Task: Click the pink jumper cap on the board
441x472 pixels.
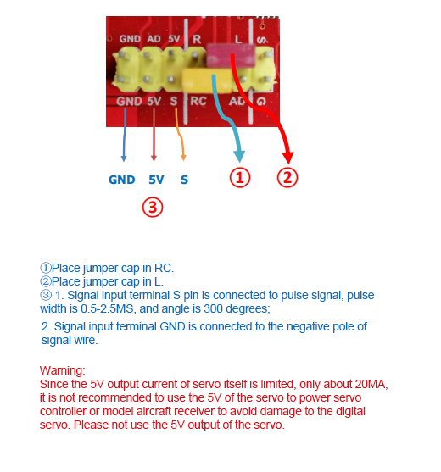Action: coord(231,55)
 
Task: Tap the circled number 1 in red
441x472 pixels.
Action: coord(240,178)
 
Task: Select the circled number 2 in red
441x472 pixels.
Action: coord(287,178)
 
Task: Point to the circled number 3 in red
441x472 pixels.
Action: coord(153,208)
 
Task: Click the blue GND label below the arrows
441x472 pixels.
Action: coord(121,180)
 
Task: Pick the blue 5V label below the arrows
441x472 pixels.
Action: coord(156,180)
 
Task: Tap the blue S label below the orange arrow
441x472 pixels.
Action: coord(184,180)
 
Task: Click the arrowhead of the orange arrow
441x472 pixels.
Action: coord(183,158)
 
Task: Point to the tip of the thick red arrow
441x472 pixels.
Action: coord(288,164)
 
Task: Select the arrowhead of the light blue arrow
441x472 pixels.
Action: coord(239,157)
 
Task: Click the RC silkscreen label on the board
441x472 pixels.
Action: coord(198,101)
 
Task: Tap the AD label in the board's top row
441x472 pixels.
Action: coord(154,39)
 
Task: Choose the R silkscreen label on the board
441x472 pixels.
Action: coord(197,39)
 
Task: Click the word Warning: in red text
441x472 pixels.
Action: coord(63,370)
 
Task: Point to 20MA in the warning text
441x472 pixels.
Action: coord(371,384)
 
